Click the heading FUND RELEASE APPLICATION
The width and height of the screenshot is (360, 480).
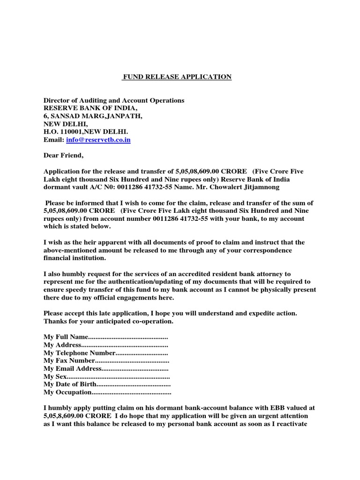pyautogui.click(x=177, y=77)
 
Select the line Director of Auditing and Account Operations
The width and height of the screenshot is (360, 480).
pyautogui.click(x=114, y=101)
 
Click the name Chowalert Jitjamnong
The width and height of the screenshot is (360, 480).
pyautogui.click(x=245, y=187)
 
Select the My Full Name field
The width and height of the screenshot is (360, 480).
pyautogui.click(x=105, y=337)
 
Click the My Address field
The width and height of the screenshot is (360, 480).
pyautogui.click(x=105, y=345)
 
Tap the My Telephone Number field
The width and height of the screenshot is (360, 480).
pyautogui.click(x=105, y=353)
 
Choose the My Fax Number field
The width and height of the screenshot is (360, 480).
pyautogui.click(x=105, y=360)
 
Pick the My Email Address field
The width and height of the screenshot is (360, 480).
pyautogui.click(x=105, y=368)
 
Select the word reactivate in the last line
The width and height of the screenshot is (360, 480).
pyautogui.click(x=291, y=424)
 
